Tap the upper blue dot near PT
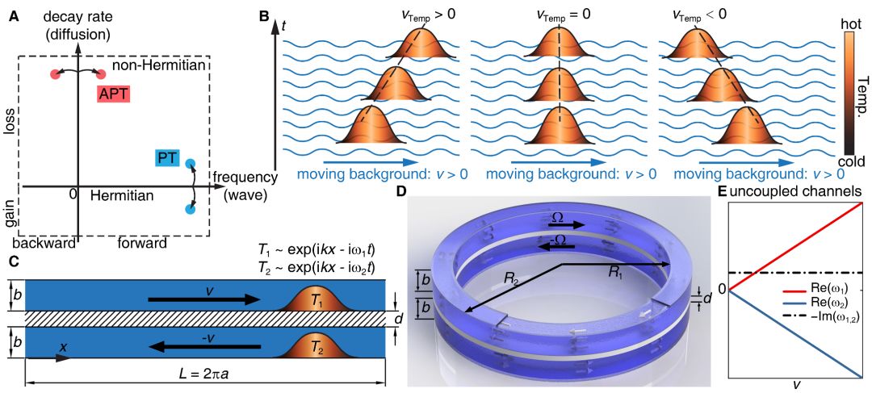(x=190, y=165)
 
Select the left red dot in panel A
(x=55, y=74)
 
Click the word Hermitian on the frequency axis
(x=124, y=195)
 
